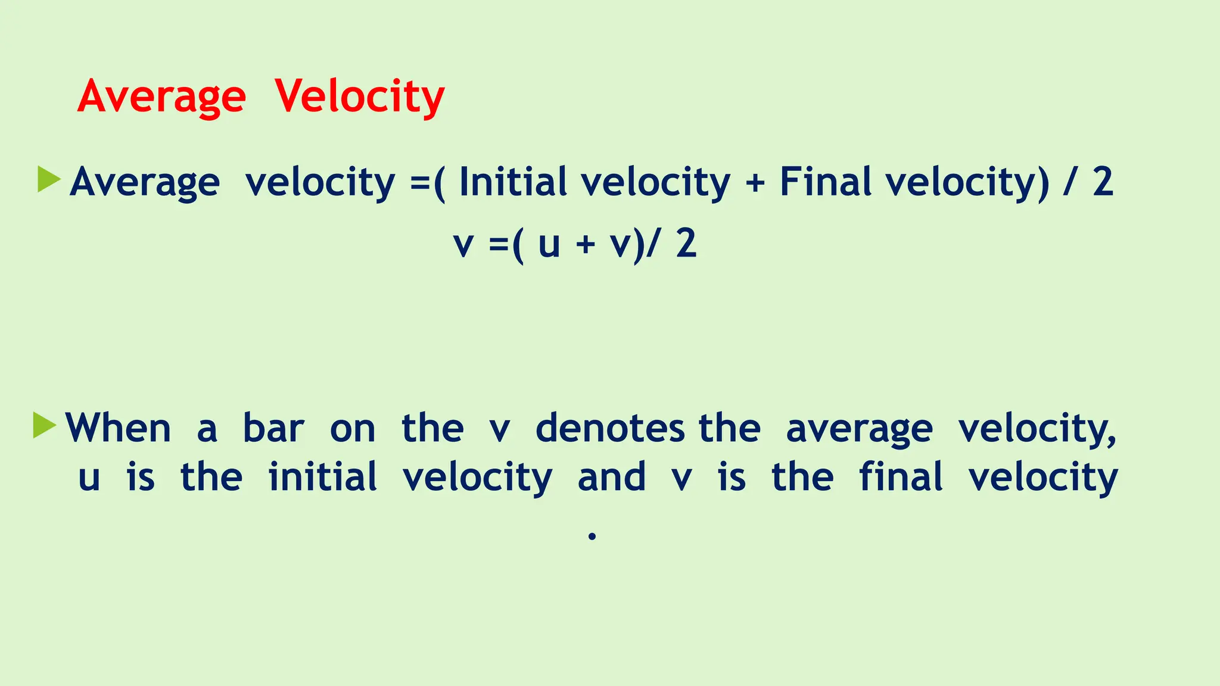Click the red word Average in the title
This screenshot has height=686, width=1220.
click(x=161, y=96)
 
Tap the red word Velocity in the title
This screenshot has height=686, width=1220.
click(x=360, y=96)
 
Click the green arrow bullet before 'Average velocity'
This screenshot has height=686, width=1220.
click(x=49, y=179)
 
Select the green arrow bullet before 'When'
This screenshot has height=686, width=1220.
click(x=45, y=425)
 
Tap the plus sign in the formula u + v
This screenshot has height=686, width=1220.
click(x=586, y=245)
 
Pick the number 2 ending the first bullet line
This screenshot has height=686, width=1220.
click(x=1103, y=182)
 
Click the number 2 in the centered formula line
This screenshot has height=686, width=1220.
click(x=686, y=244)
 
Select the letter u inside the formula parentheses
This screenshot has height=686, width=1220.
click(x=549, y=245)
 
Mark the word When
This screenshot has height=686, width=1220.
click(x=119, y=428)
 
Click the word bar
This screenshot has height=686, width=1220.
click(x=273, y=428)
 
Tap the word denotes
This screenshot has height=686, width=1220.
click(x=610, y=428)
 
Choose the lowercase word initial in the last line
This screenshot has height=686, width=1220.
click(x=322, y=477)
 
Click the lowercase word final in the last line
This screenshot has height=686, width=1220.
click(x=901, y=477)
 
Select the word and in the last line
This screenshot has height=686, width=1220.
click(x=611, y=477)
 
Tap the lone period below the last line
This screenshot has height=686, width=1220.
click(x=592, y=537)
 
